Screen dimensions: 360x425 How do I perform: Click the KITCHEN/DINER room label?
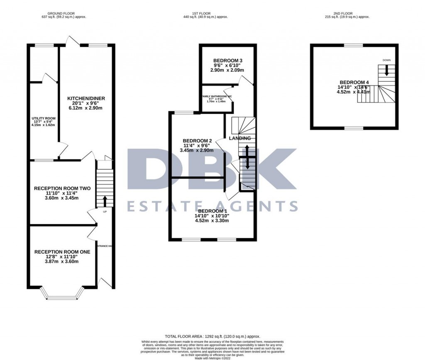pyautogui.click(x=86, y=98)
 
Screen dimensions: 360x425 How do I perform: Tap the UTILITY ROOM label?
pyautogui.click(x=44, y=118)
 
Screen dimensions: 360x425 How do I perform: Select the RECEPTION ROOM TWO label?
pyautogui.click(x=62, y=189)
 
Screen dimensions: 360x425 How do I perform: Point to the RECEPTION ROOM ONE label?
pyautogui.click(x=62, y=252)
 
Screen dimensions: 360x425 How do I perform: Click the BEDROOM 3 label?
pyautogui.click(x=228, y=61)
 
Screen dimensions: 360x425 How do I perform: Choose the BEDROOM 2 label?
pyautogui.click(x=198, y=141)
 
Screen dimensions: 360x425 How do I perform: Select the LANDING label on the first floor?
pyautogui.click(x=240, y=138)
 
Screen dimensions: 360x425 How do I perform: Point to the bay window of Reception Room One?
pyautogui.click(x=62, y=295)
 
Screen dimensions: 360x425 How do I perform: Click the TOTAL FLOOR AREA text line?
pyautogui.click(x=212, y=336)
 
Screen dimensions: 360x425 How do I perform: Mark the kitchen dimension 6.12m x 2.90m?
pyautogui.click(x=86, y=108)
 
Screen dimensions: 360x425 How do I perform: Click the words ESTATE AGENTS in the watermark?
pyautogui.click(x=212, y=206)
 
